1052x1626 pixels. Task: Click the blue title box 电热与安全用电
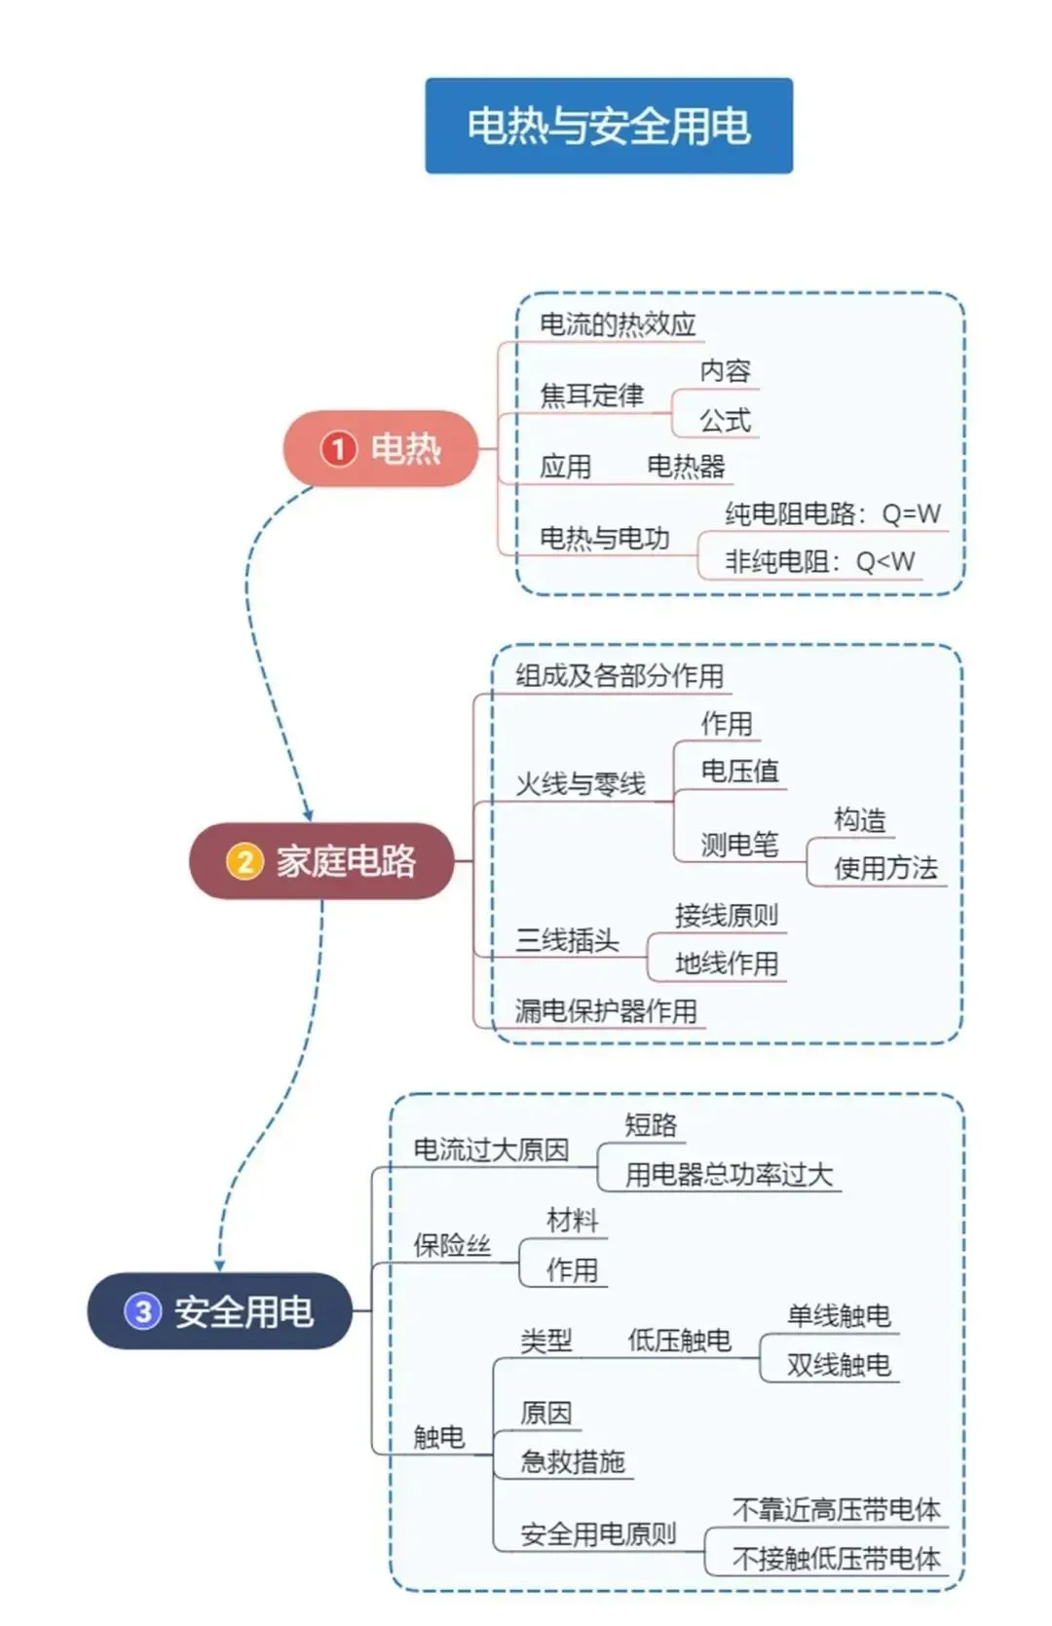(608, 126)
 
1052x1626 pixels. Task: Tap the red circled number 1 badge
(338, 449)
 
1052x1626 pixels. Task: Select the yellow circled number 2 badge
(244, 861)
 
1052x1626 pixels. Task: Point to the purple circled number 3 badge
(142, 1311)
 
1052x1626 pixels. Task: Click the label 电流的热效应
(618, 324)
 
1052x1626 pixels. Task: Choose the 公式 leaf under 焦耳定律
(725, 421)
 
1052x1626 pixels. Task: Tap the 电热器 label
(686, 467)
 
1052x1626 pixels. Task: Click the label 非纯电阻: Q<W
(819, 561)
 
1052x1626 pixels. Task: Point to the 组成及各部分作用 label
(620, 676)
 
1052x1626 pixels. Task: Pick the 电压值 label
(739, 772)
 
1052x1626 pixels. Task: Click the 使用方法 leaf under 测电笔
(885, 868)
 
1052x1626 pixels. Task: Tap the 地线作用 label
(727, 964)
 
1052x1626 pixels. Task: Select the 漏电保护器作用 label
(606, 1011)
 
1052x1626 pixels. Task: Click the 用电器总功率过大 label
(729, 1175)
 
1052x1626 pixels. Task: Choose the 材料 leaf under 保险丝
(572, 1221)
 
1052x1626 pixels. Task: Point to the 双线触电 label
(839, 1365)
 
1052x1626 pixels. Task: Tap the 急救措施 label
(573, 1461)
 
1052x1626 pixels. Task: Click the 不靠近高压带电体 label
(836, 1510)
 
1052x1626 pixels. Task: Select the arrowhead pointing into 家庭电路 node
(308, 814)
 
